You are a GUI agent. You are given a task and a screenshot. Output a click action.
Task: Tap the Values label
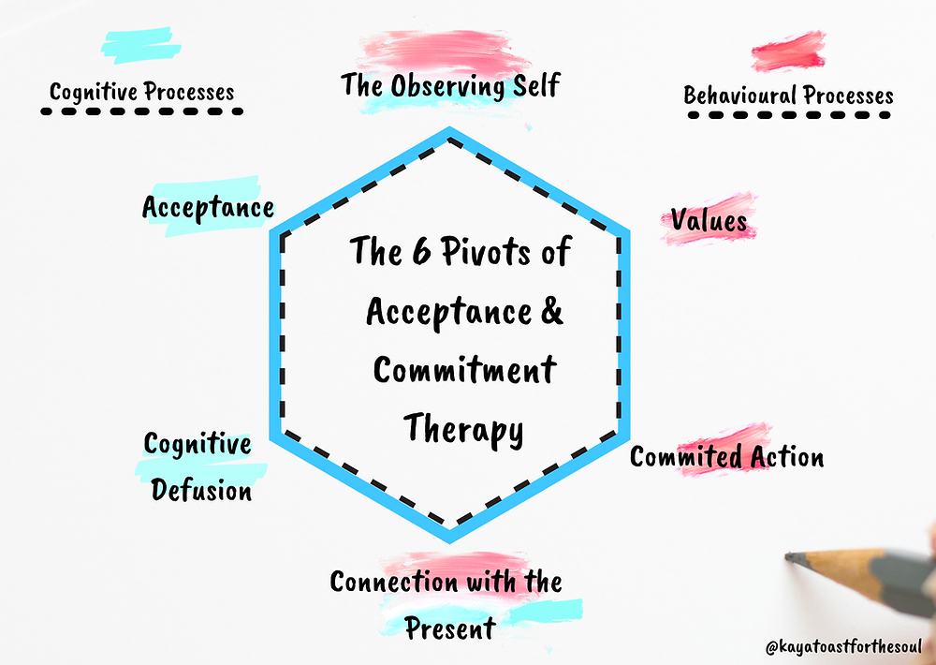[x=709, y=220]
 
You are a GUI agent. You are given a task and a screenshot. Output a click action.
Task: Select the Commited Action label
[x=727, y=457]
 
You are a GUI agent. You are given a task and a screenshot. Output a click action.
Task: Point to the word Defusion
[x=201, y=491]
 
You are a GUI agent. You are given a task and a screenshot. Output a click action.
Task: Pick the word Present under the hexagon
[x=451, y=628]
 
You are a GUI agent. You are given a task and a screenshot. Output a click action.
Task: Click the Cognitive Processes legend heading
[x=142, y=93]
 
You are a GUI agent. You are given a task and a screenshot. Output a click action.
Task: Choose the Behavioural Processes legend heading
[x=788, y=96]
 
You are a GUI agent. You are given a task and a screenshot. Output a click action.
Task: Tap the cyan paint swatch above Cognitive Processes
[x=141, y=45]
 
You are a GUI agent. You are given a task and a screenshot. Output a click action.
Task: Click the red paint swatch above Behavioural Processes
[x=788, y=52]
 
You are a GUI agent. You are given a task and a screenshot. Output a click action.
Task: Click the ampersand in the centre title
[x=552, y=311]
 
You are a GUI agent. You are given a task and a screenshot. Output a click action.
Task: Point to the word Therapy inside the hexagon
[x=464, y=429]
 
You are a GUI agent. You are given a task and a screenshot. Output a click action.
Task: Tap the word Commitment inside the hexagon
[x=465, y=370]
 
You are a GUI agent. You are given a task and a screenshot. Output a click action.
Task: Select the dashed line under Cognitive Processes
[x=141, y=111]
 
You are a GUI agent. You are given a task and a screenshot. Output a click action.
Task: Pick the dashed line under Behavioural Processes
[x=789, y=114]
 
